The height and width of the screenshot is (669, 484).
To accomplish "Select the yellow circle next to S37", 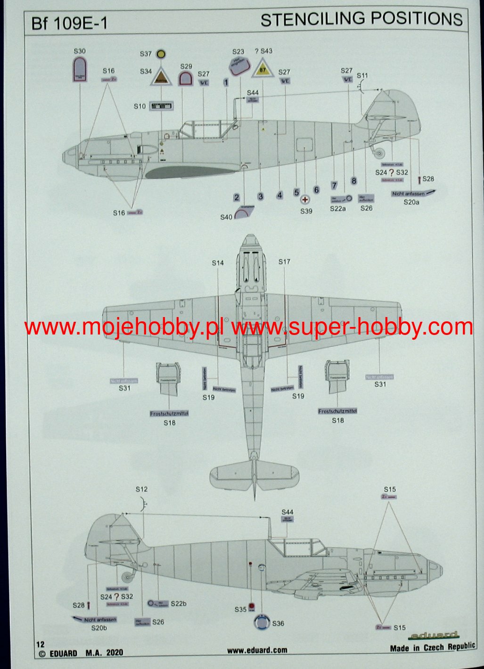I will [161, 55].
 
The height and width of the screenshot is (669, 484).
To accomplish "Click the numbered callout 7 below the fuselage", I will [334, 186].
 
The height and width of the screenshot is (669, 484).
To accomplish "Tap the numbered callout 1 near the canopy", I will [226, 82].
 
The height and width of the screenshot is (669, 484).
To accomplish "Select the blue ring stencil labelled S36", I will [262, 622].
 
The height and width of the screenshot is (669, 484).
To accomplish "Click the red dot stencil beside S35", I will [252, 606].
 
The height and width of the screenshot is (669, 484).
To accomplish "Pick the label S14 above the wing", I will [218, 263].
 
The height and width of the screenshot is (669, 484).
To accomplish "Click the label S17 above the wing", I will [285, 261].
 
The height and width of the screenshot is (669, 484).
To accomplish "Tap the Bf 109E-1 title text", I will [69, 24].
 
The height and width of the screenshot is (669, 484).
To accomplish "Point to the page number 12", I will [40, 644].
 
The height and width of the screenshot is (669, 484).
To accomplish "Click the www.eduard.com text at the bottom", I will [257, 650].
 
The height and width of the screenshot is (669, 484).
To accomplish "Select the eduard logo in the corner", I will [433, 635].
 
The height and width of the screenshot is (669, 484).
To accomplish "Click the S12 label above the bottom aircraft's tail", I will [141, 489].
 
